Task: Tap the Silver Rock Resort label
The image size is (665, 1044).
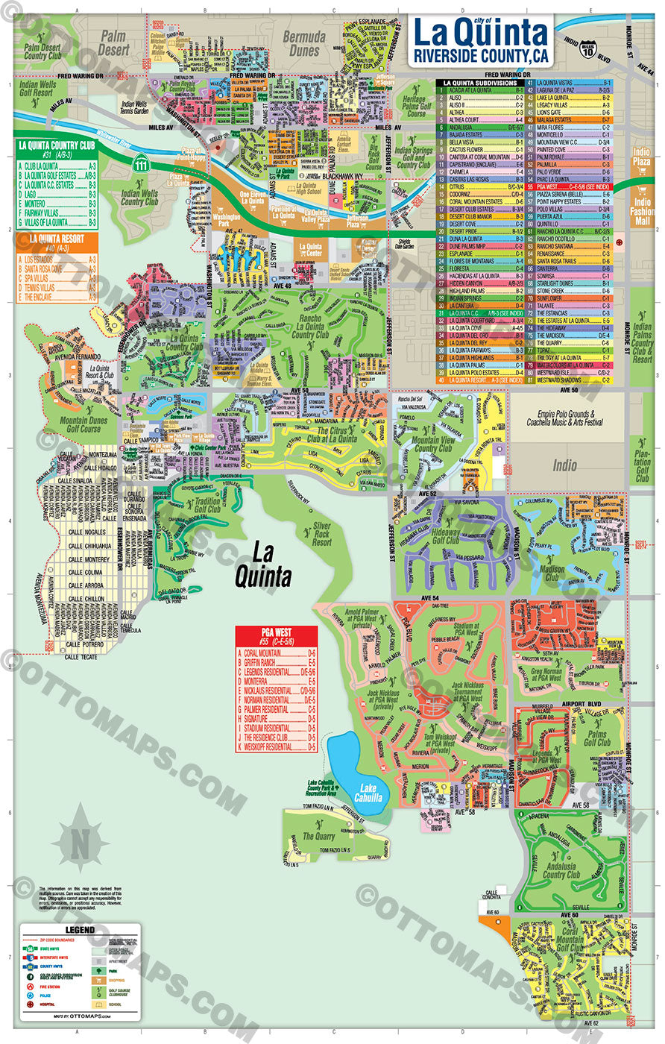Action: tap(322, 532)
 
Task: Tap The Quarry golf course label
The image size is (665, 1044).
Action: tap(318, 836)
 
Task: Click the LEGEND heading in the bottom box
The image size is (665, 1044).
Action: tap(80, 930)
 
